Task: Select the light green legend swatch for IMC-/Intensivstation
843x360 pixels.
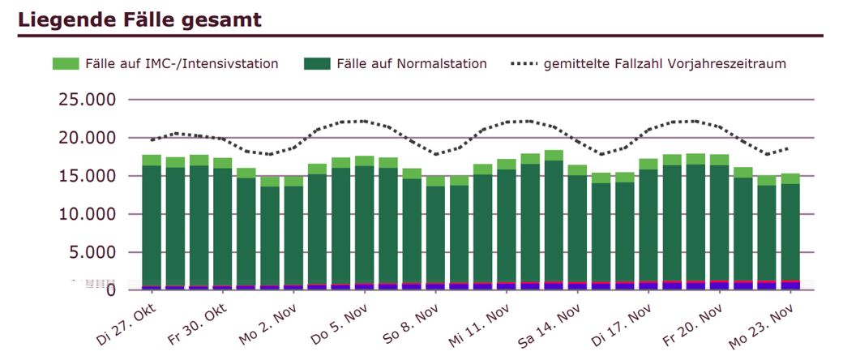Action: tap(65, 63)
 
